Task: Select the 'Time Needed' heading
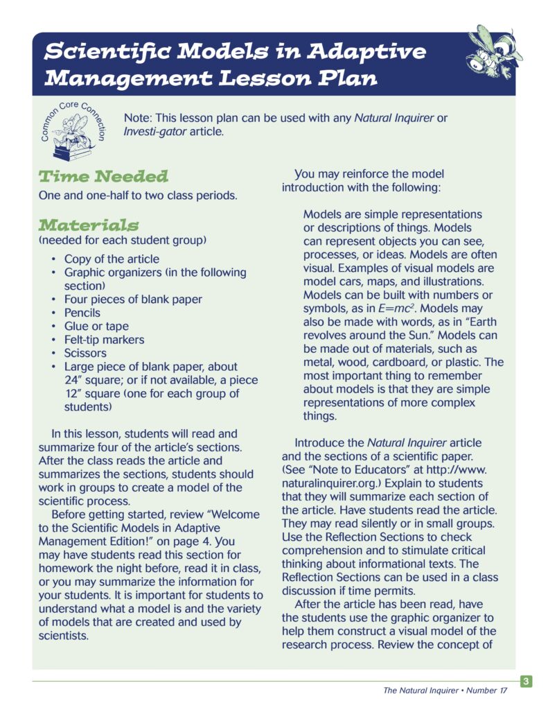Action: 103,175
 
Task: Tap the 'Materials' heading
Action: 89,225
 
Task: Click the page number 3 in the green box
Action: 527,682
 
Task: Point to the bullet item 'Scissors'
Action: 86,353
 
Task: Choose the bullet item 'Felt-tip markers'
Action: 104,340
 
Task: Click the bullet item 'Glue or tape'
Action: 96,326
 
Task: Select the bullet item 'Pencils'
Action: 82,313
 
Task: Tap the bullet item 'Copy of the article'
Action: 112,259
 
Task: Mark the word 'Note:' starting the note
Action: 137,118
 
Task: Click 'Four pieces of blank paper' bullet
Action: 133,299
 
